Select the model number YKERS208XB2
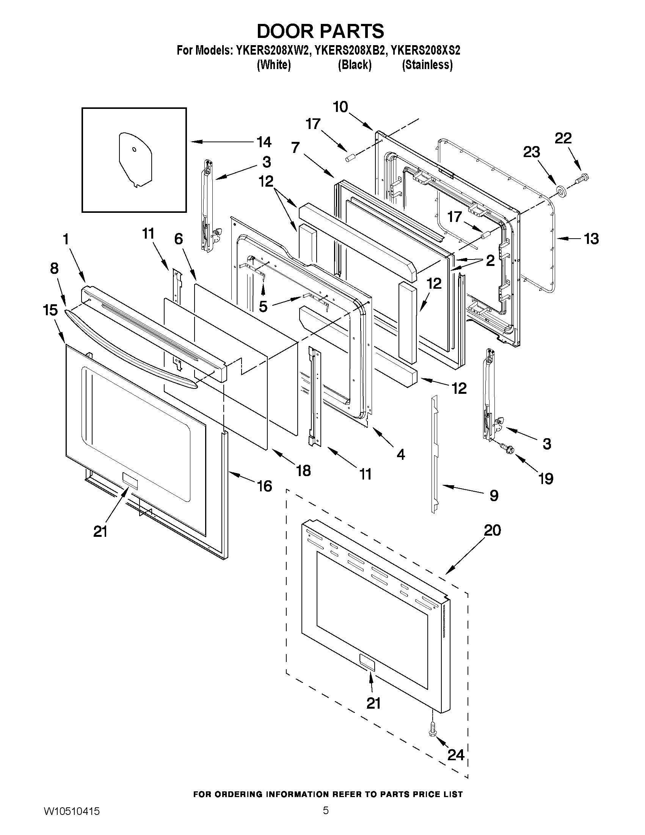349,50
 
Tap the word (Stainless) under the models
427,65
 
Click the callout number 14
264,142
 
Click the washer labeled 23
560,190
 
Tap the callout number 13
591,239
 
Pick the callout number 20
492,531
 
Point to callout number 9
494,496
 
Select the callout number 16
264,486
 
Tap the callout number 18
303,471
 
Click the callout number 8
54,269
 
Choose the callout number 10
340,107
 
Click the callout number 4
400,454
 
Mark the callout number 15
50,310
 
